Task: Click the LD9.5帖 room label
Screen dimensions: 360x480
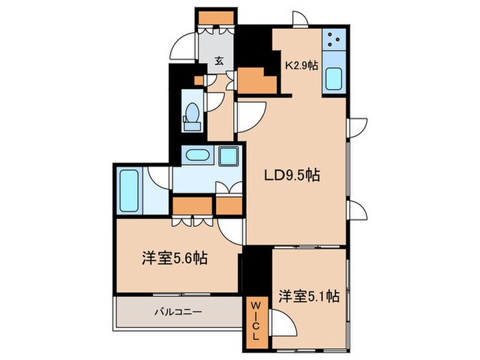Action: [x=292, y=176]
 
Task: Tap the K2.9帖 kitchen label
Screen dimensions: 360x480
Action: [x=301, y=65]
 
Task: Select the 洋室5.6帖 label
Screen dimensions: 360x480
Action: [x=175, y=259]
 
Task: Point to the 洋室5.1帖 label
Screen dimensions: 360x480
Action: [x=309, y=296]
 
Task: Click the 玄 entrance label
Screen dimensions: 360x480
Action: [x=219, y=60]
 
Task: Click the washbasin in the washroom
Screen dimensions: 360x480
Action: [x=200, y=155]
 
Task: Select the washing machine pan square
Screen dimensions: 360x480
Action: [x=228, y=156]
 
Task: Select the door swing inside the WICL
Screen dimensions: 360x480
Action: [x=282, y=320]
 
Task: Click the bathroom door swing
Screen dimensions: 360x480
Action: [x=158, y=176]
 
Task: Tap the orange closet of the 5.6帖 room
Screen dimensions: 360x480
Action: [x=192, y=204]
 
